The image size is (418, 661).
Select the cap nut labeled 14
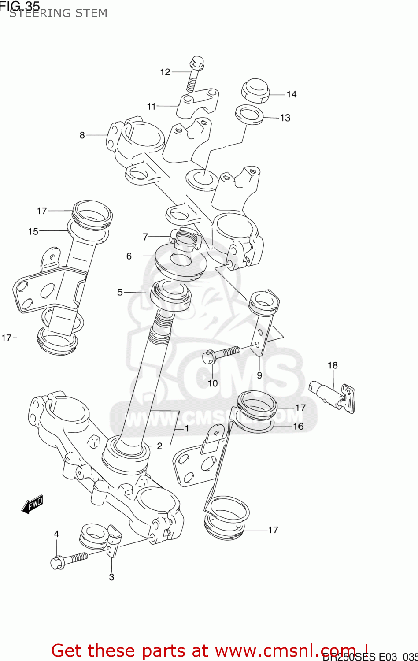coord(255,91)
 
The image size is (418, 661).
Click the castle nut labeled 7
coord(185,239)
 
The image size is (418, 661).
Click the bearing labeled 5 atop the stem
coord(171,296)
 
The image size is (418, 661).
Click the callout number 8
coord(82,135)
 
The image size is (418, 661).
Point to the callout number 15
coord(33,231)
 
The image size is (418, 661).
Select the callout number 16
coord(298,426)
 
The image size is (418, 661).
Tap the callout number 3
coord(111,577)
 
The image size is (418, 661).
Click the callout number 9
coord(259,375)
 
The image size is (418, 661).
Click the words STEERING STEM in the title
coord(58,13)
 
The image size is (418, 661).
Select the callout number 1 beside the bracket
coord(187,428)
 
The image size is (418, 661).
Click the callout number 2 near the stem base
coord(159,446)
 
